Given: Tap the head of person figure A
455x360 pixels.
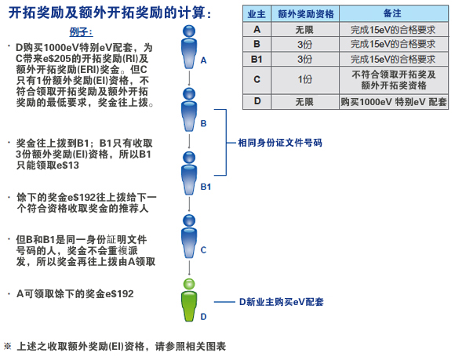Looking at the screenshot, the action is [x=189, y=31].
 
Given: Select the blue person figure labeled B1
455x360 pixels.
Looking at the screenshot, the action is [x=189, y=173].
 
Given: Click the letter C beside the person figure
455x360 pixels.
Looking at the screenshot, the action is [x=203, y=249].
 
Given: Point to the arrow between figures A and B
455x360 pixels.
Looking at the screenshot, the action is [x=189, y=78].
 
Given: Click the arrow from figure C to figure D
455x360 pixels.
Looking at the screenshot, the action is [x=189, y=267].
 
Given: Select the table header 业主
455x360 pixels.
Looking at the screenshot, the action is [x=257, y=14].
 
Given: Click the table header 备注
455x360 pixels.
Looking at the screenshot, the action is [x=392, y=13].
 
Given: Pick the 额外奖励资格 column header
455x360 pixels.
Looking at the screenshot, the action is [x=306, y=14].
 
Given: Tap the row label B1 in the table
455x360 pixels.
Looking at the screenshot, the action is [x=257, y=59].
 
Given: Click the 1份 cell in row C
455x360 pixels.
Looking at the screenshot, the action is [x=304, y=79].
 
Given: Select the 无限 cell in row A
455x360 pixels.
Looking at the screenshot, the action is [x=304, y=30].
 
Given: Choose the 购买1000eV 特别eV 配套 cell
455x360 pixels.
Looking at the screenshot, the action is [x=394, y=102].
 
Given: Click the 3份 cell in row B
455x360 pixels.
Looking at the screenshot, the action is [x=304, y=44].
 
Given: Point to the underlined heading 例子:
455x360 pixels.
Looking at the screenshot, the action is [x=81, y=32].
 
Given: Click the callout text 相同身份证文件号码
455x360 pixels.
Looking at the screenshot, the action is [x=280, y=143].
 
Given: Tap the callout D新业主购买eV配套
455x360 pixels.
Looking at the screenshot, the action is [x=281, y=302].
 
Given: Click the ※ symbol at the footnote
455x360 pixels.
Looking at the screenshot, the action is [x=8, y=346].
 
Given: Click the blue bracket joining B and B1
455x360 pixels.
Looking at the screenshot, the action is [x=226, y=143].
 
